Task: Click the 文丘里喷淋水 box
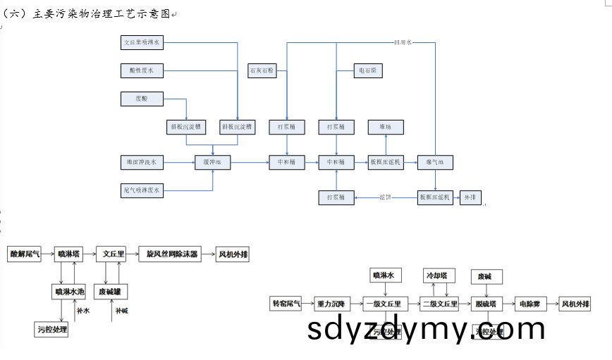(x=142, y=43)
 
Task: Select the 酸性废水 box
(x=142, y=70)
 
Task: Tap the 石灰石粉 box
(x=262, y=70)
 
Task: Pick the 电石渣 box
(x=367, y=70)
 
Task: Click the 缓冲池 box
(x=213, y=163)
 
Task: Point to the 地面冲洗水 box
(x=142, y=163)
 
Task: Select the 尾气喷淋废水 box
(x=142, y=190)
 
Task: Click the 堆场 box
(x=385, y=128)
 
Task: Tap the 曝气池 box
(x=434, y=163)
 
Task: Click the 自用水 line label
(x=402, y=43)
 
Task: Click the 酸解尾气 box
(x=25, y=254)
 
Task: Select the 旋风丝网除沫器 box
(x=173, y=254)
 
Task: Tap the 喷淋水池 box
(x=70, y=291)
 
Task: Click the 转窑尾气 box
(x=287, y=304)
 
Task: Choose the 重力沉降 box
(x=331, y=304)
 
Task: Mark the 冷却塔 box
(x=439, y=275)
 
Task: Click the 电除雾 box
(x=530, y=304)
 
